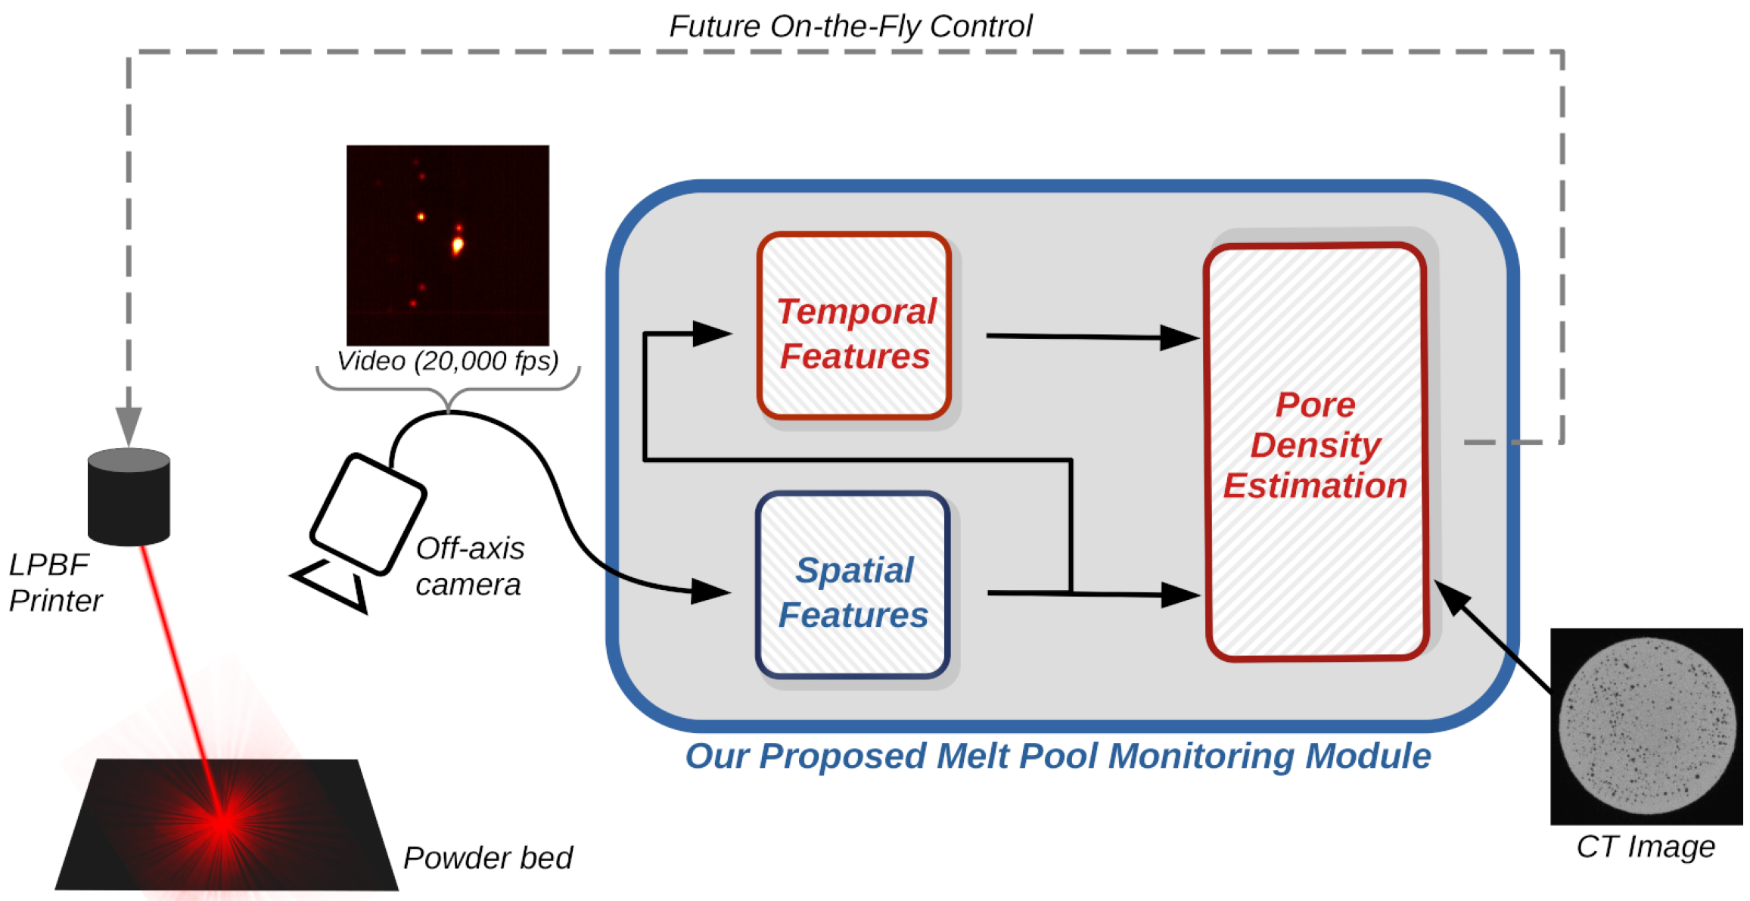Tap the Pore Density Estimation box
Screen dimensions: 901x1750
(x=1316, y=452)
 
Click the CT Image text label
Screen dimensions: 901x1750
(x=1645, y=847)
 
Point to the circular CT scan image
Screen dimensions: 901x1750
(x=1646, y=725)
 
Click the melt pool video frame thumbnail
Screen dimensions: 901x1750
(x=448, y=245)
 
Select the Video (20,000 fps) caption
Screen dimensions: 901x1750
(x=447, y=361)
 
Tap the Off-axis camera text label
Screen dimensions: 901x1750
(x=469, y=566)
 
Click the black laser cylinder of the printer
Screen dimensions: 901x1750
(x=129, y=497)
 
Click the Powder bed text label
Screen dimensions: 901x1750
(x=487, y=858)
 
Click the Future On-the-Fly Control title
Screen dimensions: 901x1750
(x=850, y=26)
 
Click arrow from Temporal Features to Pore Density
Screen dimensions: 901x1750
(x=1089, y=337)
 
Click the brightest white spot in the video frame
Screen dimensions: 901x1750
(x=457, y=244)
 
